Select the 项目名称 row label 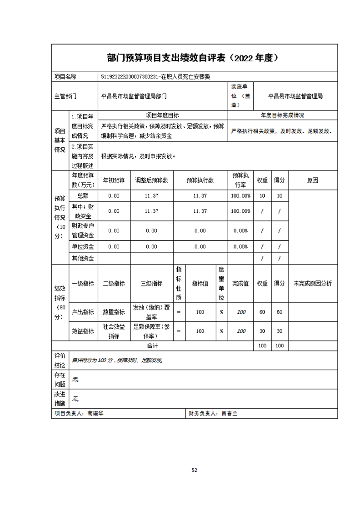click(65, 77)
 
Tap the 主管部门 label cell click(65, 96)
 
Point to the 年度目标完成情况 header click(282, 115)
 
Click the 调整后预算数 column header click(151, 180)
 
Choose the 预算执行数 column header click(200, 180)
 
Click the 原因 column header click(313, 180)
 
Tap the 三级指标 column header click(151, 283)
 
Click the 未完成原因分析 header click(313, 283)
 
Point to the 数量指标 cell click(114, 312)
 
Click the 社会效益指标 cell click(114, 331)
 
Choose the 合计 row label click(152, 345)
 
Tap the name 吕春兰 click(230, 414)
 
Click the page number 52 click(194, 470)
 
